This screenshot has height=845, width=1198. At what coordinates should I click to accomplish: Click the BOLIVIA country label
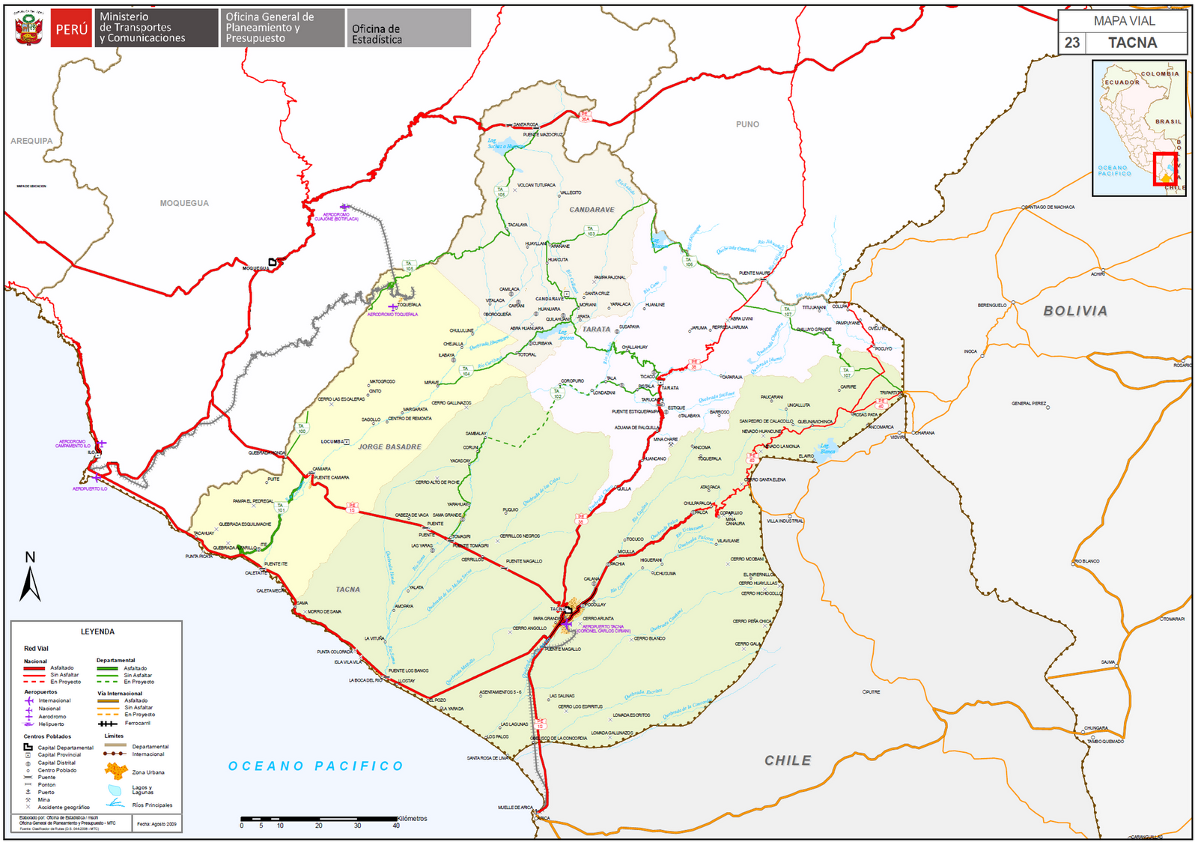coord(1075,311)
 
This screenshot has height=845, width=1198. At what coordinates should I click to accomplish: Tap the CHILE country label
coord(788,760)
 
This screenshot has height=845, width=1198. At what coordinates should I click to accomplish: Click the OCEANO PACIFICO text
coord(315,766)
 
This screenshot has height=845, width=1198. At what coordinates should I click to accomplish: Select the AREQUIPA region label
coord(31,141)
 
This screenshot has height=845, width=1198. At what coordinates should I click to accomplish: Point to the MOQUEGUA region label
coord(184,203)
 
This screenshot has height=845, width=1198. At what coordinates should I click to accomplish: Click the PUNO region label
coord(747,124)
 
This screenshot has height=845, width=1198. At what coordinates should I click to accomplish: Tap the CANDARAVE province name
coord(592,210)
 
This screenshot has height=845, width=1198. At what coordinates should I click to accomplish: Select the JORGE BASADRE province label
coord(389,446)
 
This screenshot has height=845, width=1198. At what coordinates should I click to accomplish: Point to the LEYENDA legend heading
coord(97,632)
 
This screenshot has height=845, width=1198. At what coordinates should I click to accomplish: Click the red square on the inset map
coord(1165,169)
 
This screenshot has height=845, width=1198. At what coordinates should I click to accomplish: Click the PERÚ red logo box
coord(71,28)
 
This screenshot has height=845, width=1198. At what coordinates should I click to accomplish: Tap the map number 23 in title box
coord(1072,43)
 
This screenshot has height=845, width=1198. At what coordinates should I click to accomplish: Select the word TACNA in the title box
coord(1132,43)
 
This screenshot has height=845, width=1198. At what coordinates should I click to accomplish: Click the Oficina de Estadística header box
coord(409,28)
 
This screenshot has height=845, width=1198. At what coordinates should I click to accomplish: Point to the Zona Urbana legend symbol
coord(115,772)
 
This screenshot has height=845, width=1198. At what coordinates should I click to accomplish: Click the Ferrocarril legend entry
coord(137,723)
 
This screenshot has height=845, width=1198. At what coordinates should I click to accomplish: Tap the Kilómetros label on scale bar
coord(412,818)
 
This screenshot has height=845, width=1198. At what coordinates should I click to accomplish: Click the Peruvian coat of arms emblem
coord(28,28)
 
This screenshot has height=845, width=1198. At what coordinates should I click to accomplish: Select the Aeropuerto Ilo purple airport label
coord(90,488)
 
